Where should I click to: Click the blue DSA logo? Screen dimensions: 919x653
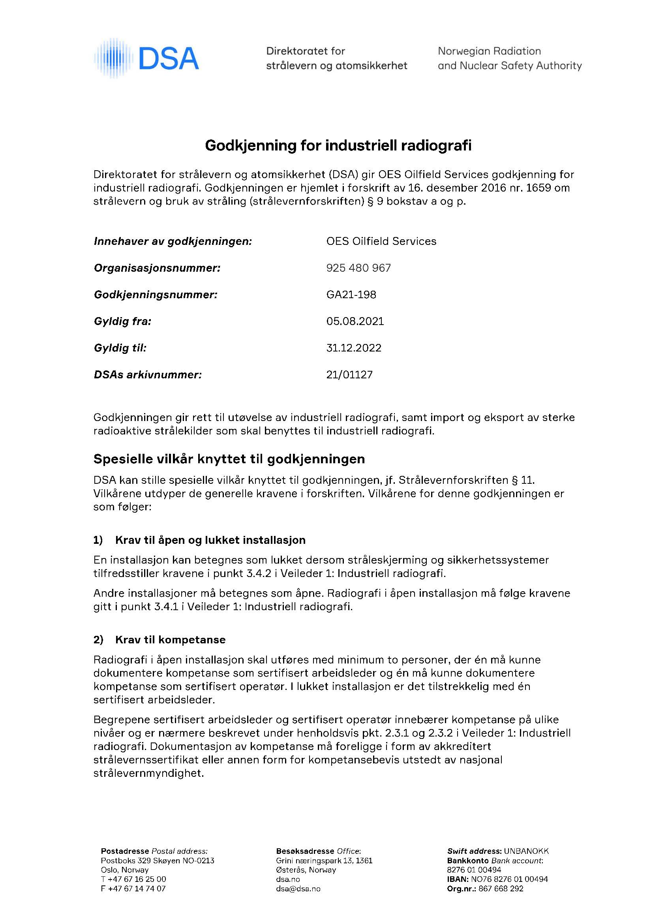(147, 58)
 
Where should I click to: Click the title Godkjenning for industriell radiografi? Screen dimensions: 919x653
(338, 145)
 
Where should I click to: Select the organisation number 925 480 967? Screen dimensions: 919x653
(358, 268)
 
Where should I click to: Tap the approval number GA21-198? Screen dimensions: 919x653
(351, 294)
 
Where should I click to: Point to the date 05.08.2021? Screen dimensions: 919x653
(355, 321)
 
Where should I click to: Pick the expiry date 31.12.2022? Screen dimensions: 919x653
(354, 348)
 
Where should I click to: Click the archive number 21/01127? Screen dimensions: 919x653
(349, 374)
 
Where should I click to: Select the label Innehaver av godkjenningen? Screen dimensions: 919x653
(173, 241)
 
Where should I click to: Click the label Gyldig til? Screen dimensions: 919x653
(120, 348)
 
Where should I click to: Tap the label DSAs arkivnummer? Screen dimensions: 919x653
(147, 375)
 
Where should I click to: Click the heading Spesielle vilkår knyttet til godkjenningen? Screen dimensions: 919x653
(229, 459)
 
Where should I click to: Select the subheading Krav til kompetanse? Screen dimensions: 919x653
(170, 639)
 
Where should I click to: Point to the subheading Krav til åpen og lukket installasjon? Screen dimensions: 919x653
(210, 540)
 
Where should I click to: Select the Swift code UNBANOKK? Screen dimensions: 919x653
(526, 851)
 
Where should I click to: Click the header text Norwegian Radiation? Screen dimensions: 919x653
(489, 51)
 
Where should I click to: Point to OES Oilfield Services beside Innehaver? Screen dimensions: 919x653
(381, 241)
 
